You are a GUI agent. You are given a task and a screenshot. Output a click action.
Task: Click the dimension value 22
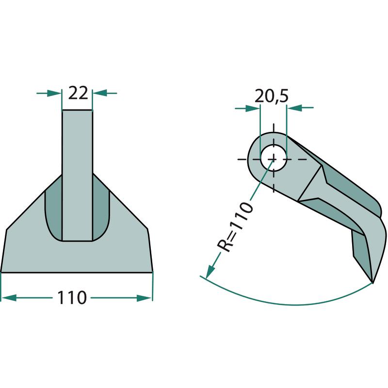(78, 93)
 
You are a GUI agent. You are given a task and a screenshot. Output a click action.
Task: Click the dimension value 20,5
(272, 96)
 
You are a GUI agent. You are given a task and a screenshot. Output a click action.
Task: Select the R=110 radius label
(235, 226)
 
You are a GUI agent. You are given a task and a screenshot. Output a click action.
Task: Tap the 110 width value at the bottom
(72, 298)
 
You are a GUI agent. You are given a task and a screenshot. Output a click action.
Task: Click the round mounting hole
(274, 159)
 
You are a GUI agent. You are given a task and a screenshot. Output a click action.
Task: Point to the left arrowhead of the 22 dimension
(54, 93)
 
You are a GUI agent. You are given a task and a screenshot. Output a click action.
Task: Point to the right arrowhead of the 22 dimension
(99, 93)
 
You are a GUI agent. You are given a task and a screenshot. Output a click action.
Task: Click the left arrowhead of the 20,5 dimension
(253, 108)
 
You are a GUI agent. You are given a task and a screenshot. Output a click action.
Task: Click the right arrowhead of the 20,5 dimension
(294, 108)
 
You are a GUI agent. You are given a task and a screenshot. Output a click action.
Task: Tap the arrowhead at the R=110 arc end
(210, 271)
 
